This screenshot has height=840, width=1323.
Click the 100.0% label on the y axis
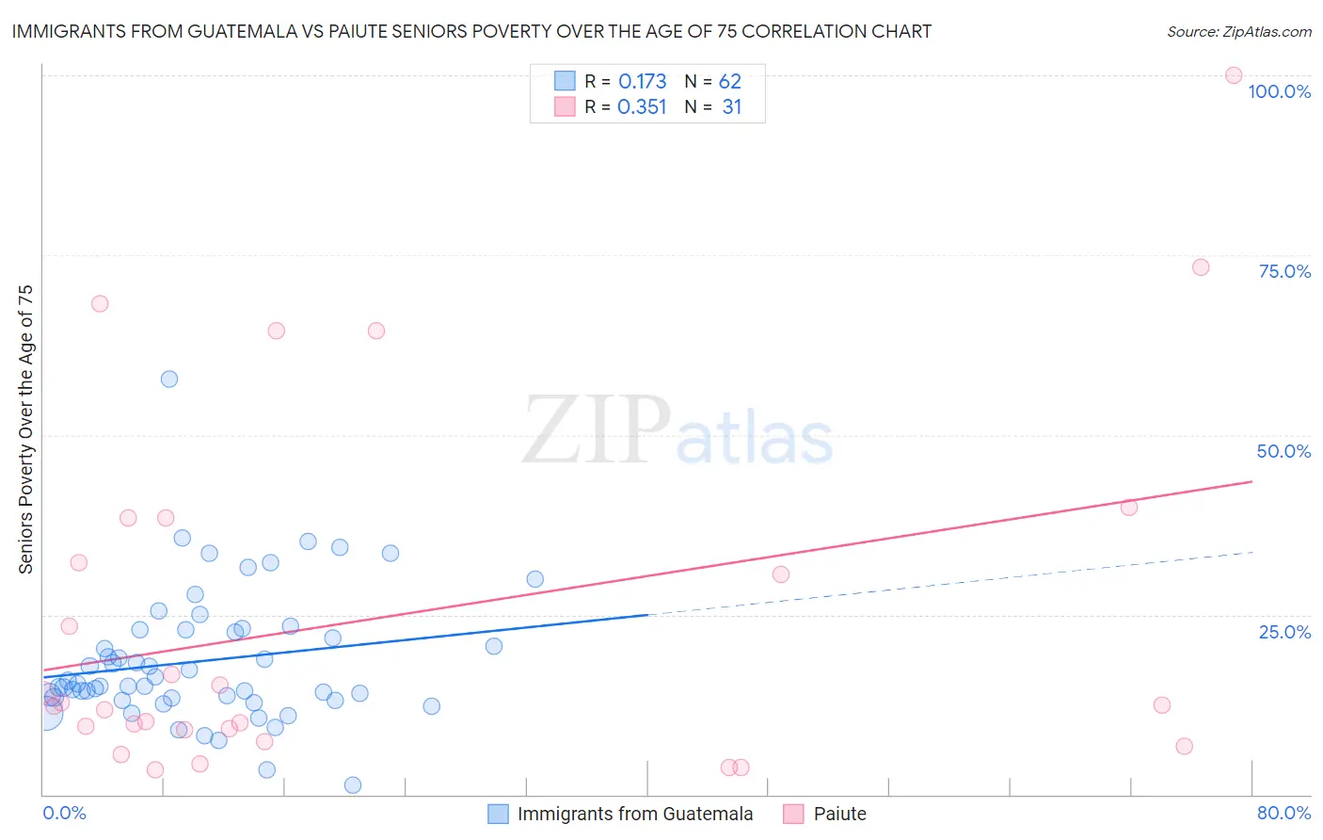coord(1279,91)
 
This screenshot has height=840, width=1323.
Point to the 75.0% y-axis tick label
coord(1284,271)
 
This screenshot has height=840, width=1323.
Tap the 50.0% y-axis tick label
coord(1283,451)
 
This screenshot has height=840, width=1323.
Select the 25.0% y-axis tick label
coord(1284,631)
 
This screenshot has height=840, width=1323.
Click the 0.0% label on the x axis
coord(65,813)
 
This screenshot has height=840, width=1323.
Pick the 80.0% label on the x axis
coord(1283,813)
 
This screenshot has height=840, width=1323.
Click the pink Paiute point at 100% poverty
coord(1234,75)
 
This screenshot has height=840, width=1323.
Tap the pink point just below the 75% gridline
coord(1201,267)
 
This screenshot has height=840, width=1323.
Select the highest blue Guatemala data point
coord(169,379)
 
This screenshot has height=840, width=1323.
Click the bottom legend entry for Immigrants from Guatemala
coord(635,814)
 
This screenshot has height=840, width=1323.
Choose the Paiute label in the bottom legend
coord(839,814)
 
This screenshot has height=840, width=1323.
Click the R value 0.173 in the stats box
coord(642,82)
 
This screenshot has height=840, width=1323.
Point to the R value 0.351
coord(642,107)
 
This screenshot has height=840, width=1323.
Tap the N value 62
coord(730,82)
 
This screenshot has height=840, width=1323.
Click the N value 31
coord(732,107)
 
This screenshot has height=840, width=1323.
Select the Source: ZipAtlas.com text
coord(1238,32)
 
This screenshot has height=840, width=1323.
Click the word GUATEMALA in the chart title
coord(240,32)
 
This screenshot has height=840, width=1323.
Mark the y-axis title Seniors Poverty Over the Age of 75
coord(26,429)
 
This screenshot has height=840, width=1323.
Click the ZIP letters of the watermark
coord(597,430)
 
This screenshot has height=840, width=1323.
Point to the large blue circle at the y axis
coord(45,713)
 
